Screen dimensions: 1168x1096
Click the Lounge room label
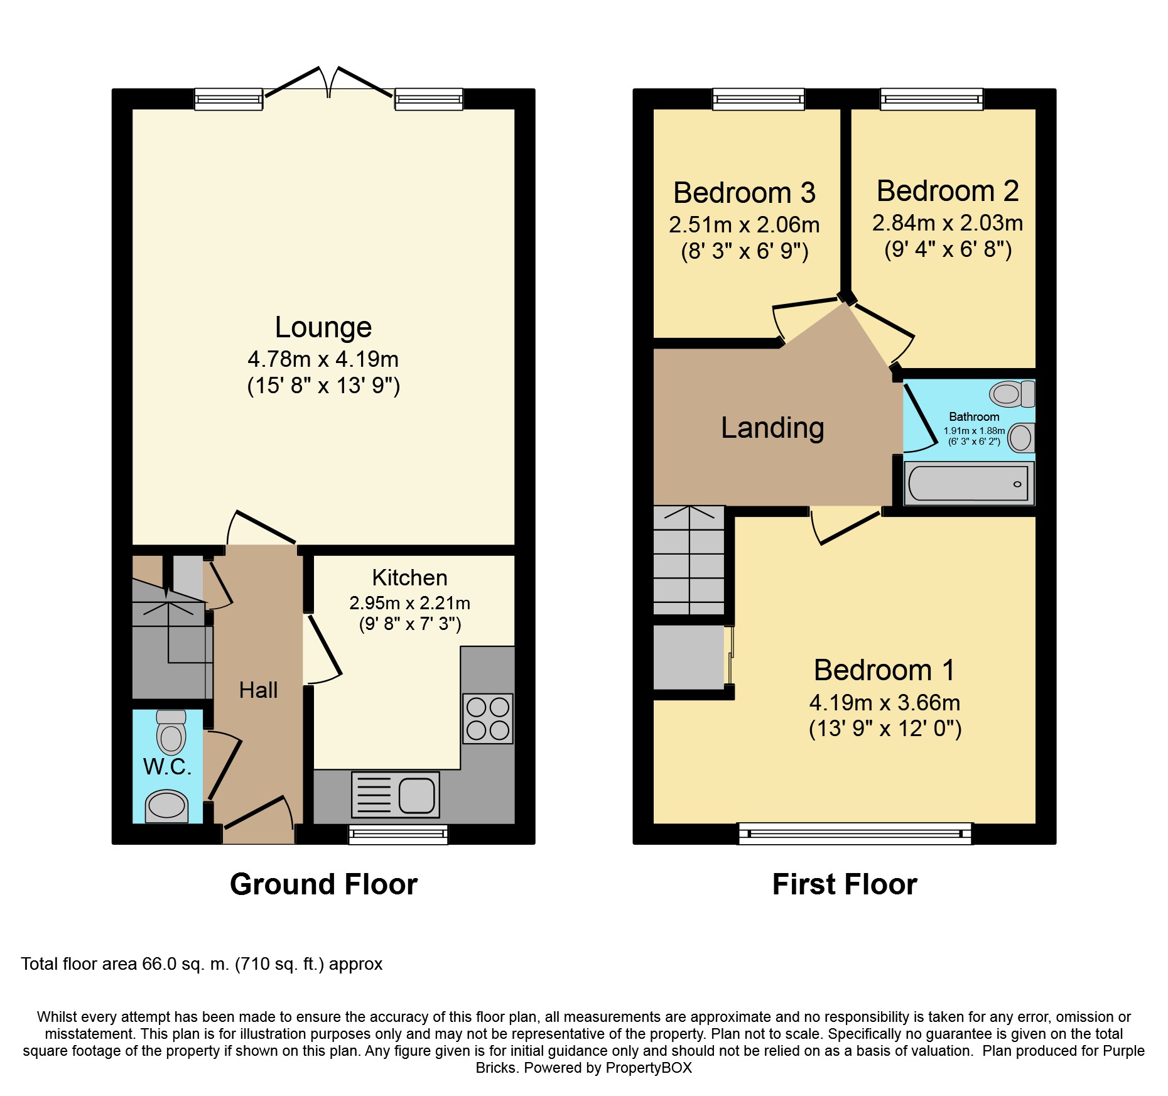tap(323, 328)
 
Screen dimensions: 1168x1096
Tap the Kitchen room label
tap(409, 578)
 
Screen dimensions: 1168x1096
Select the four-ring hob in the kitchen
tap(488, 719)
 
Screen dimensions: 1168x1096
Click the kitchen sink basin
tap(416, 795)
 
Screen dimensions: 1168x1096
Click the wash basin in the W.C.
tap(166, 806)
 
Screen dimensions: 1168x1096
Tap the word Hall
tap(258, 690)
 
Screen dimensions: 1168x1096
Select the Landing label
tap(772, 428)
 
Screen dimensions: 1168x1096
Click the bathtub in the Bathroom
tap(968, 484)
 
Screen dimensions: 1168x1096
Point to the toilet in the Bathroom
tap(1012, 394)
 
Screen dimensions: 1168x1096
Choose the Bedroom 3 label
tap(744, 193)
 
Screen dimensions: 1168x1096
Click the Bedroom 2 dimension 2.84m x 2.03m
tap(948, 223)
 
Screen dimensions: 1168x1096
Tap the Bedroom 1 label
tap(884, 670)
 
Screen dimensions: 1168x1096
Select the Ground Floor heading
tap(323, 884)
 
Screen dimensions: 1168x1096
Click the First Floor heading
tap(845, 884)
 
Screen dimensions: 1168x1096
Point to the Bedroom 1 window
tap(855, 833)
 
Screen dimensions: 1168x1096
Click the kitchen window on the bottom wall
tap(398, 834)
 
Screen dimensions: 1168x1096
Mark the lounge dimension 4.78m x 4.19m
tap(323, 359)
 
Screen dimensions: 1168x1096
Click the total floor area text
tap(202, 964)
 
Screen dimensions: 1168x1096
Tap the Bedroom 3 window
tap(758, 99)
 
